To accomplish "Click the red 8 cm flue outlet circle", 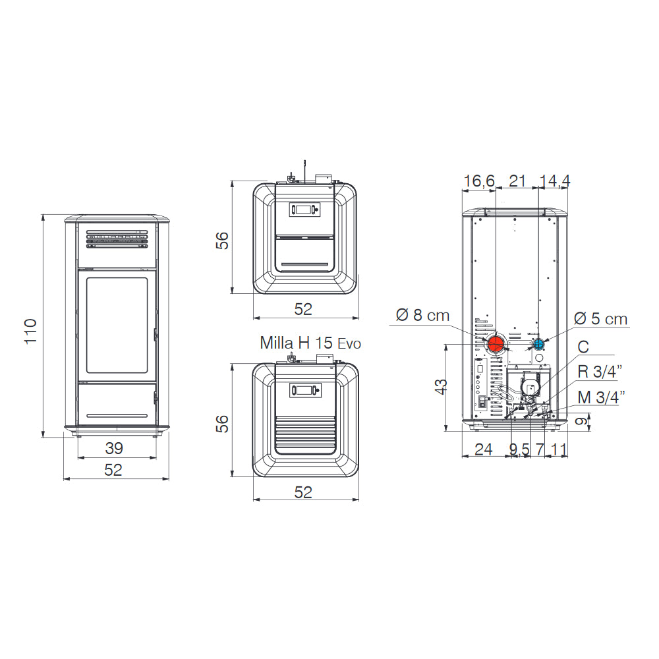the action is pos(496,344).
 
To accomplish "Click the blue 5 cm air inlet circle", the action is pos(538,344).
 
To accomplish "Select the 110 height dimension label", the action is pos(31,331).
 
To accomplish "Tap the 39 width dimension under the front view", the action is pos(114,448).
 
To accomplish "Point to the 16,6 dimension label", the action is pos(479,181).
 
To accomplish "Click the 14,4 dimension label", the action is pos(555,181).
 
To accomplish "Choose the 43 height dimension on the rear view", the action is pos(440,387).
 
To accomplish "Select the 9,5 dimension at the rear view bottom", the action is pos(519,449).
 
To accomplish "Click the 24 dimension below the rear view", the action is pos(483,449).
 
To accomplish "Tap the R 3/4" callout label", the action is pos(600,372).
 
